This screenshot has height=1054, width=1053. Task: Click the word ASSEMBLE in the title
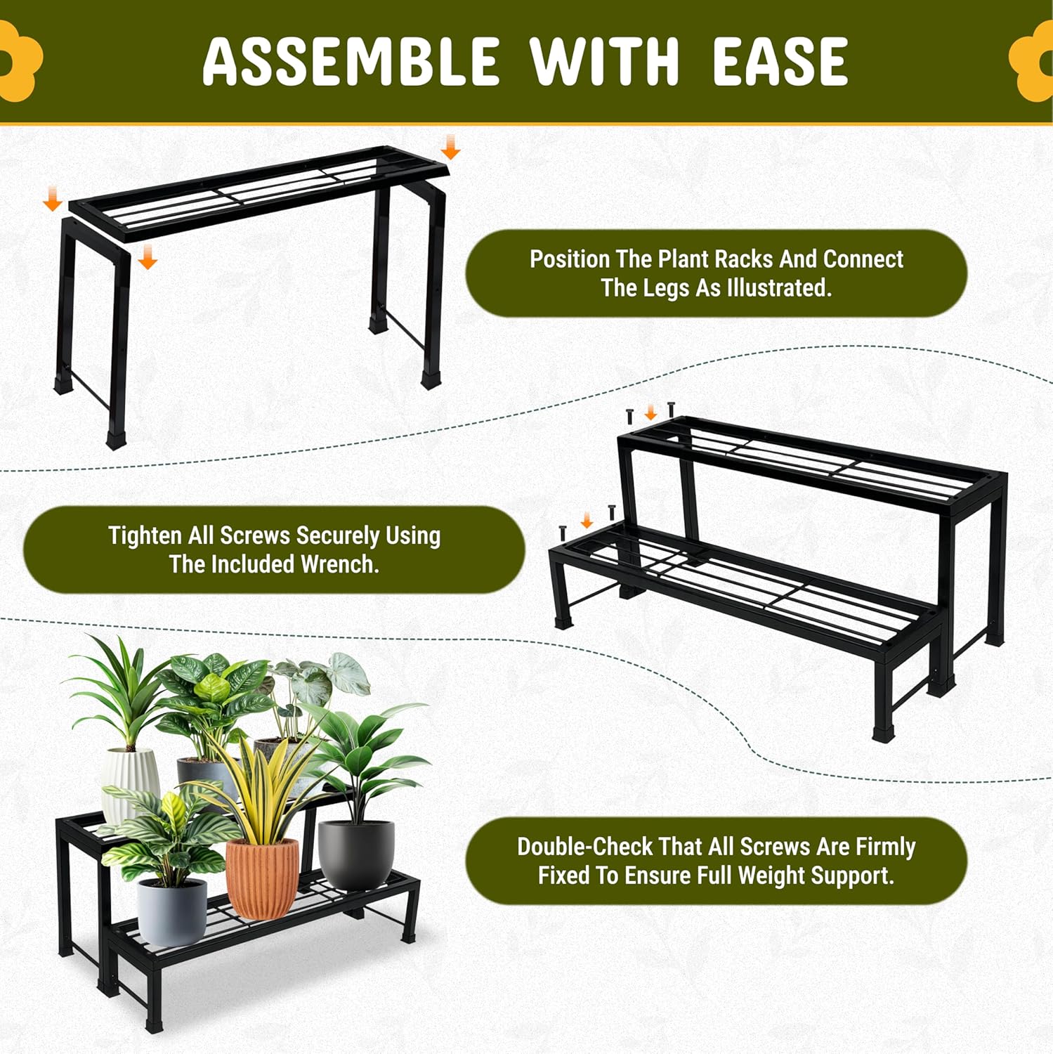coord(351,61)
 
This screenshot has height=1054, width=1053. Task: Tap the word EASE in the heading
coord(780,61)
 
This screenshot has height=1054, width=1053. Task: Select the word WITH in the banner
coord(605,61)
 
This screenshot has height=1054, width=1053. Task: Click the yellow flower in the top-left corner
coord(18,61)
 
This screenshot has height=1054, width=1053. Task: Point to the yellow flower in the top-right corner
coord(1032,61)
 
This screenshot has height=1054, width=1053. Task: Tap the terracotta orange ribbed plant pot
coord(261,878)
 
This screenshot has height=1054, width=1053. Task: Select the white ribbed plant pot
coord(131,783)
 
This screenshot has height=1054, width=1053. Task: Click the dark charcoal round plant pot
coord(356,854)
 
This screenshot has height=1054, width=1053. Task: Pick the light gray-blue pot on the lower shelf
coord(172,911)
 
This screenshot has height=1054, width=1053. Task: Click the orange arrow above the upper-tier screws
coord(650,412)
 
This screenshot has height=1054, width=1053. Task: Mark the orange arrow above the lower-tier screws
coord(587,520)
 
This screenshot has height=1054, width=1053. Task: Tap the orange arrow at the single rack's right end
coord(450,147)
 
